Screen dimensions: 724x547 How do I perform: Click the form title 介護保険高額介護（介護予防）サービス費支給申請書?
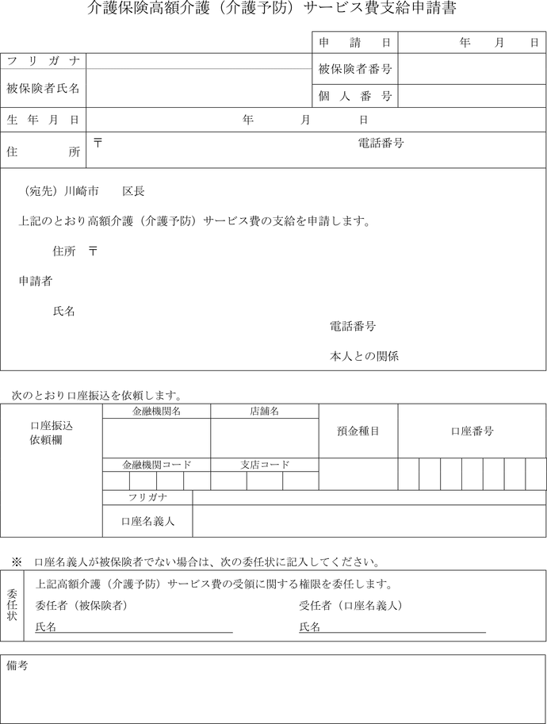click(x=273, y=10)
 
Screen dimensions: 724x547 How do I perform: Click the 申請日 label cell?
click(x=354, y=42)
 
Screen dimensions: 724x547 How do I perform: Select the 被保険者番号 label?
click(x=354, y=69)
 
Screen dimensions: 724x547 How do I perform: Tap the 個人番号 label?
click(x=354, y=96)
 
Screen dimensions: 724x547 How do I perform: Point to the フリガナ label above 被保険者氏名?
click(x=44, y=61)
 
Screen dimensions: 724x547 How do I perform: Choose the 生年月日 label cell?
click(x=44, y=120)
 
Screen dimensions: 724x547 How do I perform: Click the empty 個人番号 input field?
click(x=472, y=96)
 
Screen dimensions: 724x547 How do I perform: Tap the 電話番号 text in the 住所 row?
click(x=381, y=144)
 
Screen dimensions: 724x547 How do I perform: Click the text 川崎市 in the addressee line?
click(x=82, y=192)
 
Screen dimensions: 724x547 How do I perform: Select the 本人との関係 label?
click(x=364, y=356)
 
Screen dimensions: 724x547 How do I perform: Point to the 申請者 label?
click(x=36, y=281)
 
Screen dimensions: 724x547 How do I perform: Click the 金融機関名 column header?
click(x=156, y=411)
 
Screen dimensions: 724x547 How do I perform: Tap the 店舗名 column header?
click(x=264, y=411)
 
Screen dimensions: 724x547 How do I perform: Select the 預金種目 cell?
click(x=358, y=431)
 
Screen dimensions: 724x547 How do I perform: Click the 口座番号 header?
click(x=472, y=431)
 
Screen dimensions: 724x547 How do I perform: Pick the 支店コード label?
click(x=264, y=465)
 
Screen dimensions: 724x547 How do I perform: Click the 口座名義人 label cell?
click(x=147, y=521)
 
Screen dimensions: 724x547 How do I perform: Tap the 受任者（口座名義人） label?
click(x=351, y=606)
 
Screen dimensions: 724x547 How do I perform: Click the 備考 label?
click(x=17, y=666)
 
